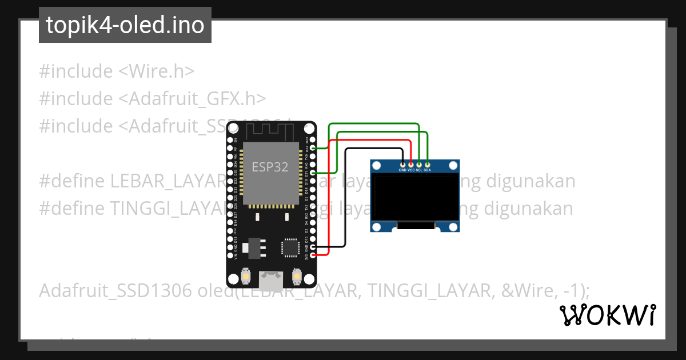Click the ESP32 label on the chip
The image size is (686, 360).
tap(270, 167)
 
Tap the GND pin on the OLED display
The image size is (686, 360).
tap(402, 165)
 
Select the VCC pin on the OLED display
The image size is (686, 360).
tap(411, 165)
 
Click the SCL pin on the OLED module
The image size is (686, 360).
tap(419, 165)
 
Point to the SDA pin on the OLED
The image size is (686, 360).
tap(428, 165)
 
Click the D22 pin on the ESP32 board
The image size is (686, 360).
tap(312, 148)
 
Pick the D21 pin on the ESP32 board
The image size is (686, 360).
tap(312, 173)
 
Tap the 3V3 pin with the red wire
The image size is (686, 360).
tap(312, 255)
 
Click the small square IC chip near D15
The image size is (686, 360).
tap(289, 247)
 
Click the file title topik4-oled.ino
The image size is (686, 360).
tap(125, 25)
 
